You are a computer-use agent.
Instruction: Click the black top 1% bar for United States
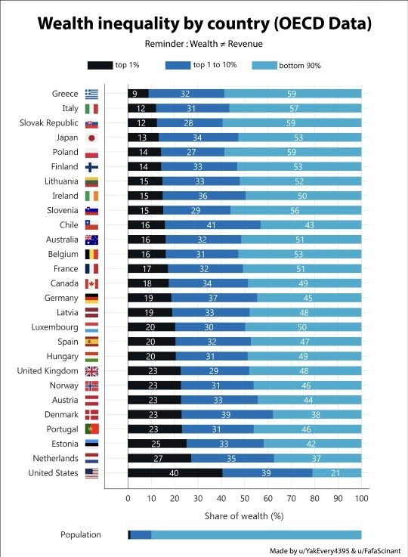tap(175, 473)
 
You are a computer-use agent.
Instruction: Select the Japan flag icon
tap(91, 138)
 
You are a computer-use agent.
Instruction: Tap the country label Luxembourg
tap(54, 326)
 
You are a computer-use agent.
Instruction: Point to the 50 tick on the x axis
tap(245, 498)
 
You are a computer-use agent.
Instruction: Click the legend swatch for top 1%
tap(100, 65)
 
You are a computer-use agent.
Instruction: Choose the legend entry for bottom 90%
tap(286, 65)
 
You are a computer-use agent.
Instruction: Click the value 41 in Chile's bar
tap(212, 225)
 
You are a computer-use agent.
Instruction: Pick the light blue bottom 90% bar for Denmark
tap(317, 415)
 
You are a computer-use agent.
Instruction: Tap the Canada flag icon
tap(91, 283)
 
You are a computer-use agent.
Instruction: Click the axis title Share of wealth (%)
tap(244, 515)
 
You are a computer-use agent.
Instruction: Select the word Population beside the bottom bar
tap(81, 534)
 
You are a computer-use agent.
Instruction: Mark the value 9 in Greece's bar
tap(134, 94)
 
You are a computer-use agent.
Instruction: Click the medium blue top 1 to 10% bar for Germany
tap(214, 298)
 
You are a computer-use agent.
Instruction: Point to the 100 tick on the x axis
tap(361, 498)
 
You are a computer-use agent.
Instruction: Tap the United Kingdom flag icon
tap(91, 371)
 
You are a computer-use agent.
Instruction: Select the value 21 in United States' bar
tap(335, 473)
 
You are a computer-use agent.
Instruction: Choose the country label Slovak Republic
tap(49, 123)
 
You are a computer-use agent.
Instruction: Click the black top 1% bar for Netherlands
tap(159, 458)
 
